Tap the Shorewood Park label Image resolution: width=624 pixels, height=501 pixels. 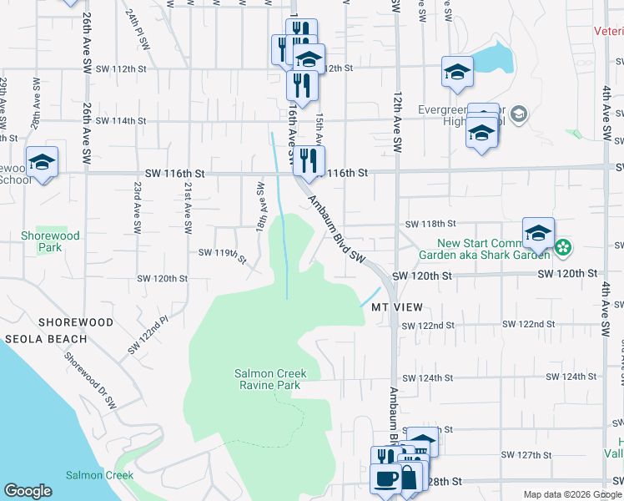50,241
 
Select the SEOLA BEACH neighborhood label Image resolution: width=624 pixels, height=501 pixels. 45,339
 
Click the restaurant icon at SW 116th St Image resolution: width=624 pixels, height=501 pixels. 309,160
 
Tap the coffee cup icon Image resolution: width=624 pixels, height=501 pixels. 385,481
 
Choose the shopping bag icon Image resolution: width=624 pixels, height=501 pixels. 410,479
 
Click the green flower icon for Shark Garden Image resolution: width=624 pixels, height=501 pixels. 564,246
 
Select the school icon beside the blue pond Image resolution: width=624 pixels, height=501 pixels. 457,73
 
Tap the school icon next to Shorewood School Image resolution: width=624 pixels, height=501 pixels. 42,163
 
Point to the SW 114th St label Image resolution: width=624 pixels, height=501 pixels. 120,121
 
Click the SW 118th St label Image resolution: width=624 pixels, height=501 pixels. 430,225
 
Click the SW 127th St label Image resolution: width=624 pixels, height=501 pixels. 528,455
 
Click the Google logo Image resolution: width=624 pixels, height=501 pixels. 28,491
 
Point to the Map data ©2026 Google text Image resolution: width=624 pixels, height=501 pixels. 571,494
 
